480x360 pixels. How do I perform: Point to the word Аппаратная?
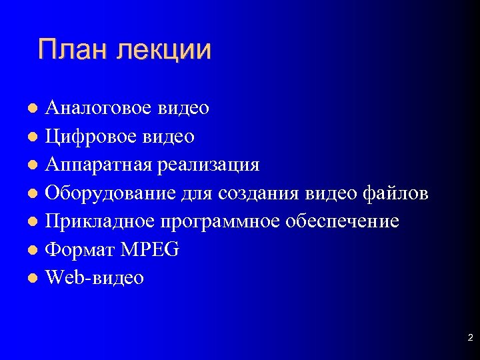coord(97,165)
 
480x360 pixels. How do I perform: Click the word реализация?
coord(209,165)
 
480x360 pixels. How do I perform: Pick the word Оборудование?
coord(111,193)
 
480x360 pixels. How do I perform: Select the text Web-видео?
coord(94,277)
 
